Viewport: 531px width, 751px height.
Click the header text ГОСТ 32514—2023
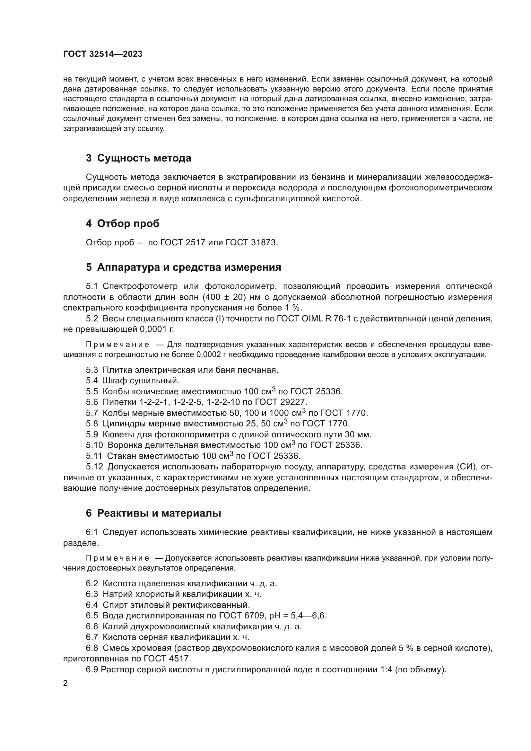pyautogui.click(x=103, y=54)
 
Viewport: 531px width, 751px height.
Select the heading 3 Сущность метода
pyautogui.click(x=138, y=158)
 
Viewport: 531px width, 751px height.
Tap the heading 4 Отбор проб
pyautogui.click(x=123, y=224)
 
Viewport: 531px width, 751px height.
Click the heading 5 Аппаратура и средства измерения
pyautogui.click(x=183, y=267)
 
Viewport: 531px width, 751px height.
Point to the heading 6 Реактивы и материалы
pyautogui.click(x=153, y=513)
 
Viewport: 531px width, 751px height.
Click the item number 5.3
pyautogui.click(x=92, y=370)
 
